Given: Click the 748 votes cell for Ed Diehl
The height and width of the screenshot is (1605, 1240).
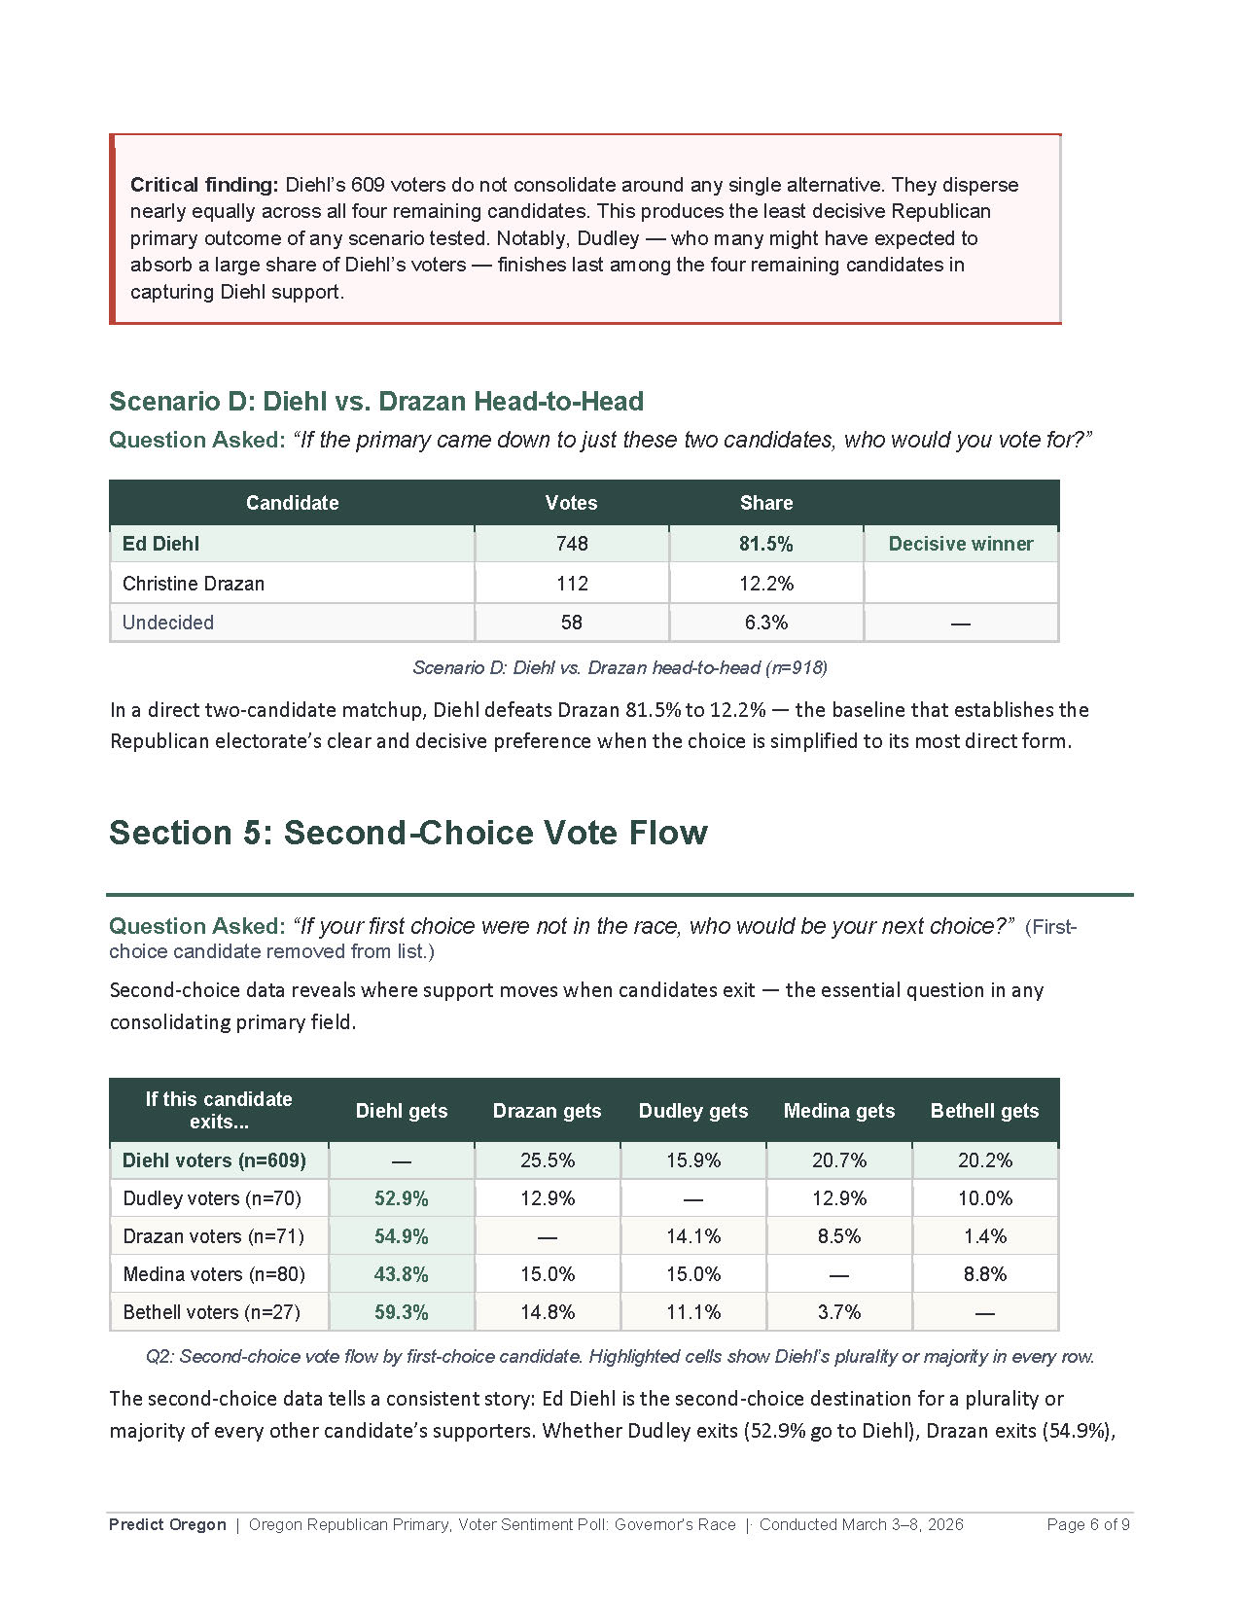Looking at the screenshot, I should (572, 544).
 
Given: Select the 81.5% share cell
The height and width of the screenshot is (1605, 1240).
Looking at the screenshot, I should (765, 544).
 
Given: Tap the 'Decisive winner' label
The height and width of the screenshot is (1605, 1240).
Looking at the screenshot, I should (960, 544).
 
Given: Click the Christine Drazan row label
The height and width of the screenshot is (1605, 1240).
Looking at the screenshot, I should (194, 584).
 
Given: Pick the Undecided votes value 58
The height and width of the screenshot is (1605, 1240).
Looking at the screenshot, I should (572, 623).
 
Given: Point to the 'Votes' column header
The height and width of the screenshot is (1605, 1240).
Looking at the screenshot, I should (571, 503).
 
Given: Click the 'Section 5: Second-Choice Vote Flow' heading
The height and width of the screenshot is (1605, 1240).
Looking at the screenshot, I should (408, 833).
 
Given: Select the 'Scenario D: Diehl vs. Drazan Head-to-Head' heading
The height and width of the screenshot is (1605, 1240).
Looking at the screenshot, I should (376, 401).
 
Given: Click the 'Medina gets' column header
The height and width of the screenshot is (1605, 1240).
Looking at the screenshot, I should (838, 1111).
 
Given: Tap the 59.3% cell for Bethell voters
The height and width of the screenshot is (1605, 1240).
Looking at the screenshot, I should (401, 1312).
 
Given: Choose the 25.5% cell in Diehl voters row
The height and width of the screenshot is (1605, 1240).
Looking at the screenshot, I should (548, 1160).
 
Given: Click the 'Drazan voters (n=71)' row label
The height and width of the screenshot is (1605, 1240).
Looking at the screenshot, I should (213, 1236).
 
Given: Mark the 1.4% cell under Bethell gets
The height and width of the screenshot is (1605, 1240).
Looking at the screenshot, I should (984, 1236).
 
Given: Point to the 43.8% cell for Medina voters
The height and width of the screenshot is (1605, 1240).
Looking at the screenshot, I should (401, 1274).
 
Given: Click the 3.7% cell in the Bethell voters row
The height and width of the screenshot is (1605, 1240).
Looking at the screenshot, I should (838, 1312).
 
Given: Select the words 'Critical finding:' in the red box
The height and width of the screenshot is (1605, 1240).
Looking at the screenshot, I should (204, 185).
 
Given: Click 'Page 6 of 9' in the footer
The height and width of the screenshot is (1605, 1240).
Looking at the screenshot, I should (1087, 1524).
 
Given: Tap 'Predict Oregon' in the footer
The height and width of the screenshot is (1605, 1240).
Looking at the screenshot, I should (167, 1524).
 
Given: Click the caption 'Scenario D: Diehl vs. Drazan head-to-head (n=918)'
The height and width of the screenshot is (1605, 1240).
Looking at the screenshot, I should (620, 667).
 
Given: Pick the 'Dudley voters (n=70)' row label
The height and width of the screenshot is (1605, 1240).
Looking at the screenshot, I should (212, 1198).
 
